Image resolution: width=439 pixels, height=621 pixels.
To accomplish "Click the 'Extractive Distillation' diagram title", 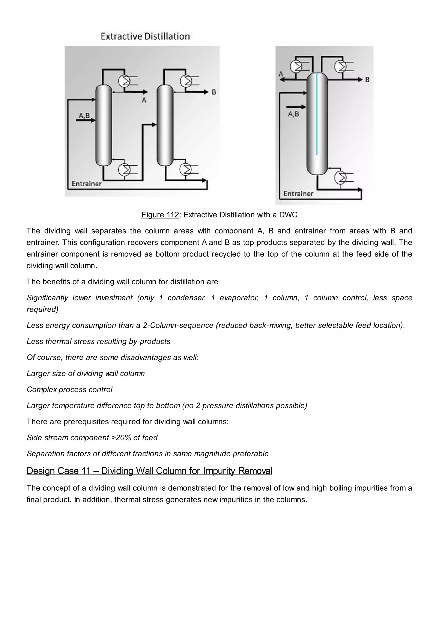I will click(145, 36).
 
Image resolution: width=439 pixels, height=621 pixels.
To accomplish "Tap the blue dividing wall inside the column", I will click(317, 114).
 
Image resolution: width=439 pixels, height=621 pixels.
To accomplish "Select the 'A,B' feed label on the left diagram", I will click(84, 116).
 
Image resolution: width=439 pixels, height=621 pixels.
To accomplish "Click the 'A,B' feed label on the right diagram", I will click(293, 114).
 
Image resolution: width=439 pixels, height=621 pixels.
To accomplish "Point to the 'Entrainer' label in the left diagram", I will click(87, 184).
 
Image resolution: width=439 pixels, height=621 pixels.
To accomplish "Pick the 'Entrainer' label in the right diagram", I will click(298, 194).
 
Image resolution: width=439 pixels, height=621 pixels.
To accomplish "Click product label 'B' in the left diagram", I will click(213, 92).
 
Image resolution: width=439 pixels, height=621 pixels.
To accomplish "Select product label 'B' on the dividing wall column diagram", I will click(367, 80).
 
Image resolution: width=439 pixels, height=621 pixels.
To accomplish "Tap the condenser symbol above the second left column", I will click(186, 80).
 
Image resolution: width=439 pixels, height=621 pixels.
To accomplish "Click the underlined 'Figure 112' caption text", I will click(160, 215).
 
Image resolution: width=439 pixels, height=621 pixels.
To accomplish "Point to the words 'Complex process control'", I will click(69, 389).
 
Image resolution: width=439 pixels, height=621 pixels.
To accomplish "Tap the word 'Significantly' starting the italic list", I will click(47, 298).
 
